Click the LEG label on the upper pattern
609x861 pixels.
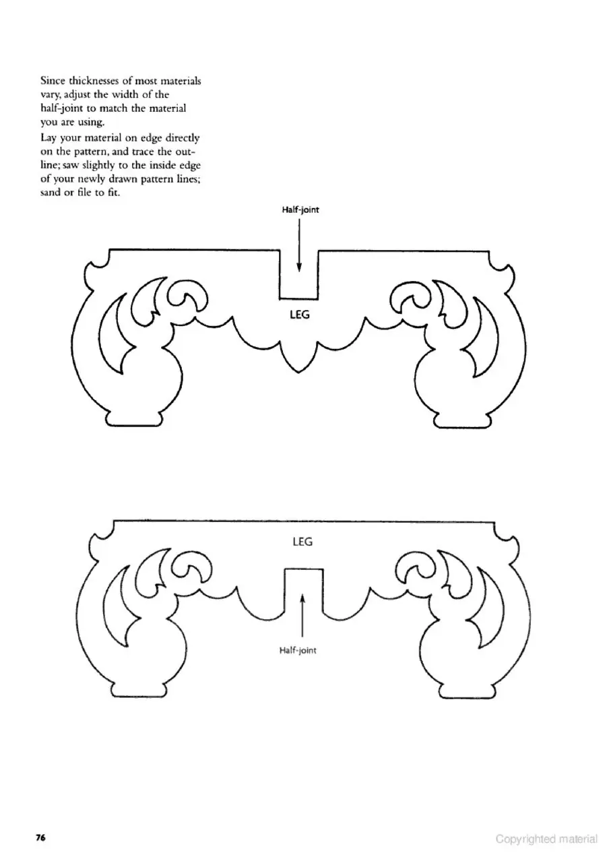click(x=300, y=315)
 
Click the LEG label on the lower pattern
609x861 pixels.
click(x=302, y=542)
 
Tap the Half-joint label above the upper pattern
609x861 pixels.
click(x=300, y=210)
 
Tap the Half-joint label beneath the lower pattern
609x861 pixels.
click(x=298, y=650)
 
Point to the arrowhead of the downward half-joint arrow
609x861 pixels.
click(x=299, y=268)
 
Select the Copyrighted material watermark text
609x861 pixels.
click(x=546, y=838)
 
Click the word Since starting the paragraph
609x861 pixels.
click(x=53, y=81)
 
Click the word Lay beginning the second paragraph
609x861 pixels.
click(x=49, y=138)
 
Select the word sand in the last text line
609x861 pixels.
click(x=51, y=193)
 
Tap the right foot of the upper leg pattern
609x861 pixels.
click(x=463, y=420)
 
